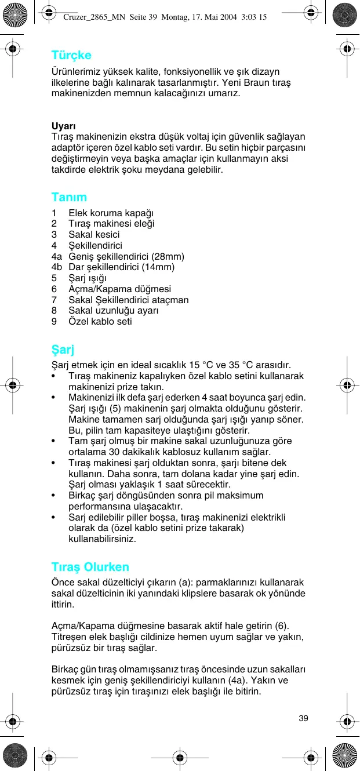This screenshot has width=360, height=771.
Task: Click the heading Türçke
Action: point(71,56)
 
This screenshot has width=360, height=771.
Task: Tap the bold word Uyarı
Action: point(64,126)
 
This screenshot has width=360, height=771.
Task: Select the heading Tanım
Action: point(69,197)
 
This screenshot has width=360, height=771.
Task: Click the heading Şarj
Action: point(63,350)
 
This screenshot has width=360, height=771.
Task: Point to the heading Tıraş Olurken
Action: point(90,566)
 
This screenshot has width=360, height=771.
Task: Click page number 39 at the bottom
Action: point(303,718)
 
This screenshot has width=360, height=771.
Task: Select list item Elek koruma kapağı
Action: point(111,213)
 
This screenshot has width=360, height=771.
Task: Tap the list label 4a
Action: point(56,256)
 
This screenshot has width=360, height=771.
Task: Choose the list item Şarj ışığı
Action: point(92,278)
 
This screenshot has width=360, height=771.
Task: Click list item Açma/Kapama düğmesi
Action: point(119,289)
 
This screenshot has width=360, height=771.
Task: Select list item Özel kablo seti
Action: point(100,321)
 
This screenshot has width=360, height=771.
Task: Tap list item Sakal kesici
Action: point(94,234)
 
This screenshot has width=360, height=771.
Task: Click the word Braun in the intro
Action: point(245,82)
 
